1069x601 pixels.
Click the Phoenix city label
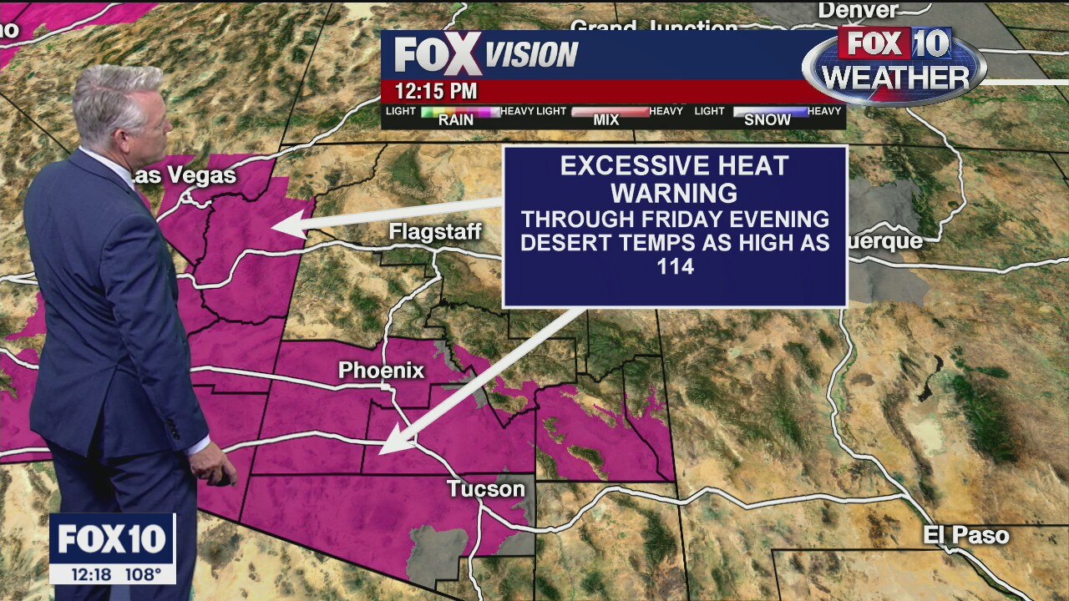(382, 371)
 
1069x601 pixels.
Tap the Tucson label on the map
(485, 488)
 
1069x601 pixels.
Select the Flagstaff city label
(435, 232)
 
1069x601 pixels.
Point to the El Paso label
(966, 535)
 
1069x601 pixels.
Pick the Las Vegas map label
(185, 175)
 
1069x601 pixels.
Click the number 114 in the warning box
(675, 268)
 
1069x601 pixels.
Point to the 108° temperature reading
(143, 574)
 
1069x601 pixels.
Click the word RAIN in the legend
(456, 120)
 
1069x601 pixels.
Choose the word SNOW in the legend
(767, 120)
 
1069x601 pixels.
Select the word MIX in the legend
(605, 120)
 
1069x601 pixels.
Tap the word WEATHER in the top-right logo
(895, 78)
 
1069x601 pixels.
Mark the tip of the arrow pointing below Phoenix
(382, 452)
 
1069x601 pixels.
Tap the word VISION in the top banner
(532, 55)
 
